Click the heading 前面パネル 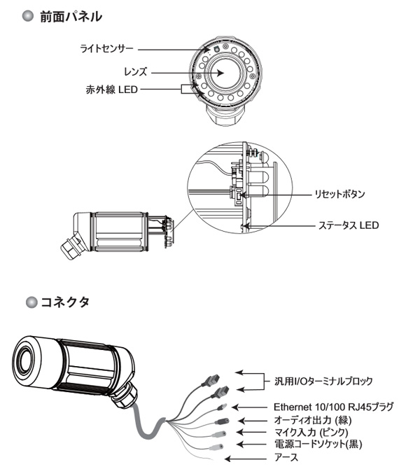click(71, 17)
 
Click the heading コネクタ click(65, 302)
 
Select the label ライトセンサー click(106, 49)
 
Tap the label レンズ click(136, 72)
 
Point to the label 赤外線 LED click(111, 90)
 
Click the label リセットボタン click(339, 194)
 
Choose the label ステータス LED click(349, 225)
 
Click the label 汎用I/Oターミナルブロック click(323, 381)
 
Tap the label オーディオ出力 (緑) click(313, 420)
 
